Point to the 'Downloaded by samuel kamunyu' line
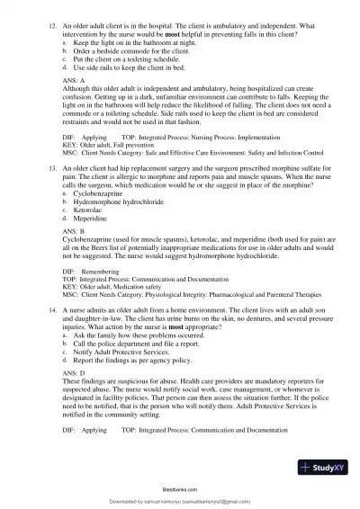(180, 501)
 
